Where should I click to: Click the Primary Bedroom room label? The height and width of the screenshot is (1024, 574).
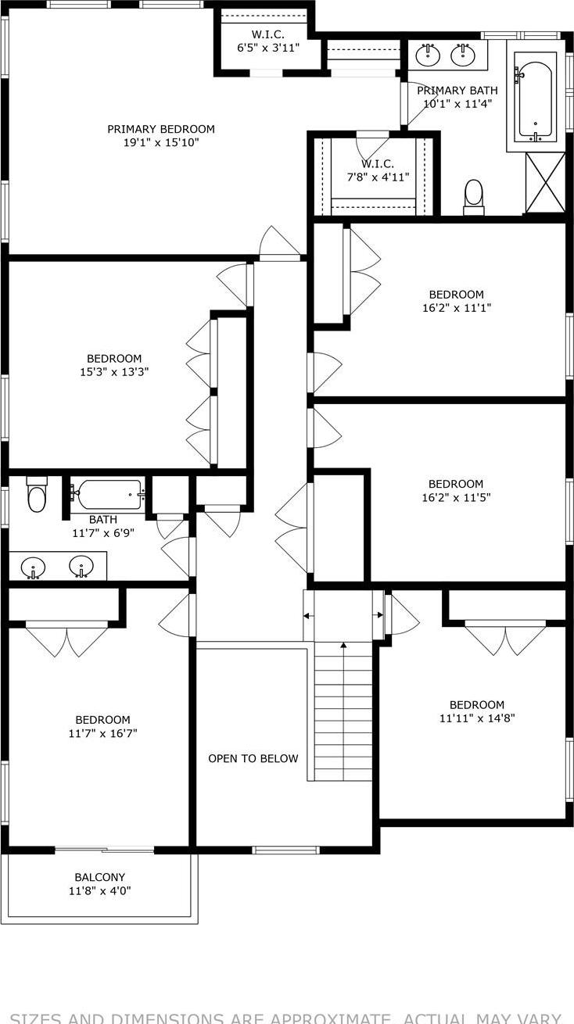[160, 129]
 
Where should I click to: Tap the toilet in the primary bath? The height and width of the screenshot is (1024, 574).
[474, 196]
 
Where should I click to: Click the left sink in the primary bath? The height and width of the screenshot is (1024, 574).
[428, 55]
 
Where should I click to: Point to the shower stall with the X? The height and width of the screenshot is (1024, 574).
[545, 183]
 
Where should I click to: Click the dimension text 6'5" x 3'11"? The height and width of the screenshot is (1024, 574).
[268, 48]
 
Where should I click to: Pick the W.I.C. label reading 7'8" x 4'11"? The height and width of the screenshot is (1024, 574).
[378, 177]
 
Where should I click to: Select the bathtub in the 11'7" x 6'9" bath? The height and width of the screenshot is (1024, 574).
[109, 494]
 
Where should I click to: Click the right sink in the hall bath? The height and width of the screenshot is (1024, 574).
[81, 566]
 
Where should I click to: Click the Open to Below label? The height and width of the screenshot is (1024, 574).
[253, 758]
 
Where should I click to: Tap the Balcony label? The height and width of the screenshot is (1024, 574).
[99, 877]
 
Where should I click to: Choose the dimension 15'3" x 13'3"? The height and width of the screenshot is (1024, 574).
[114, 372]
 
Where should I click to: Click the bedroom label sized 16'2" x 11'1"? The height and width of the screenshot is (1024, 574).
[456, 294]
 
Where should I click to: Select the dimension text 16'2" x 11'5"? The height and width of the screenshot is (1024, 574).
[455, 497]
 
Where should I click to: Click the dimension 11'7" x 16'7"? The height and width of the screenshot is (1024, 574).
[102, 733]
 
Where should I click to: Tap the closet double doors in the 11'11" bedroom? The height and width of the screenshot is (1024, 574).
[505, 638]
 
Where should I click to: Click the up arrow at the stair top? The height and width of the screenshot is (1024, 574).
[343, 646]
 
